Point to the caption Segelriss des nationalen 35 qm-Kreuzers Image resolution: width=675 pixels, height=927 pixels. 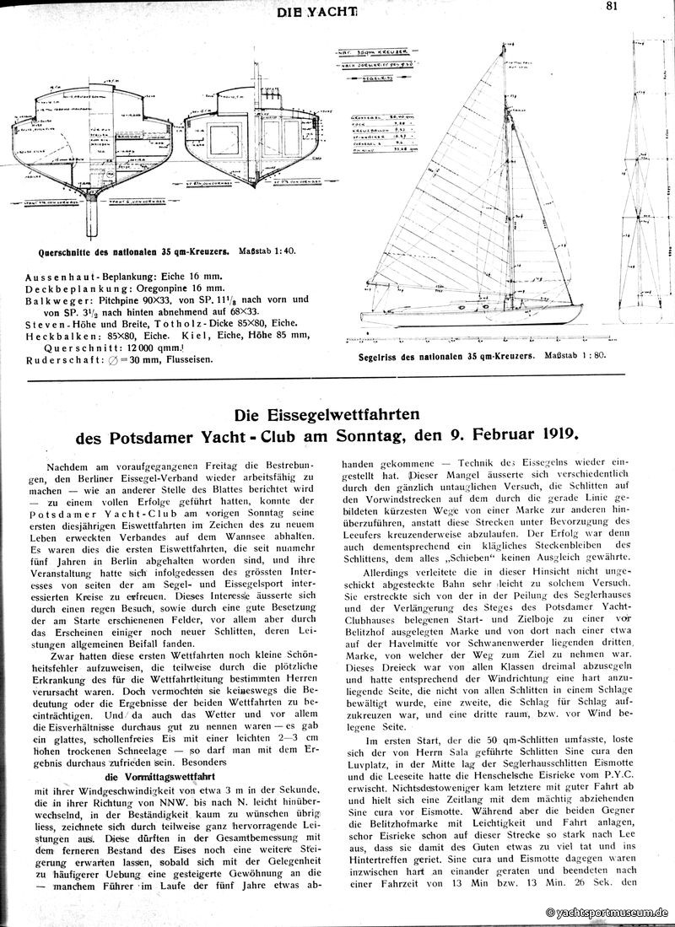coord(440,356)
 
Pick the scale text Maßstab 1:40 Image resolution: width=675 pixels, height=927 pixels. coord(268,251)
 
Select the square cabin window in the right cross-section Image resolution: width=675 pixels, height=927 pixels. coord(228,143)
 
